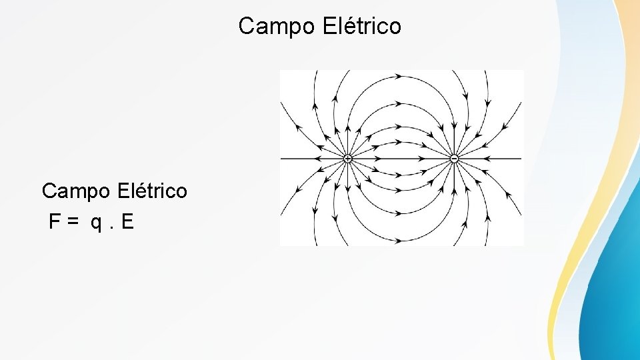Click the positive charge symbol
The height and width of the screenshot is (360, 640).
[x=347, y=159]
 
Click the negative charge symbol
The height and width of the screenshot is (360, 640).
[x=454, y=159]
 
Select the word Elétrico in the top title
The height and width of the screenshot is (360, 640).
[x=361, y=26]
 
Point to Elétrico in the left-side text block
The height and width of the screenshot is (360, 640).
[x=152, y=191]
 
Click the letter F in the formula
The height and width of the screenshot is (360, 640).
[x=55, y=222]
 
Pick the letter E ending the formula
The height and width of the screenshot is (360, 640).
[x=127, y=222]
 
